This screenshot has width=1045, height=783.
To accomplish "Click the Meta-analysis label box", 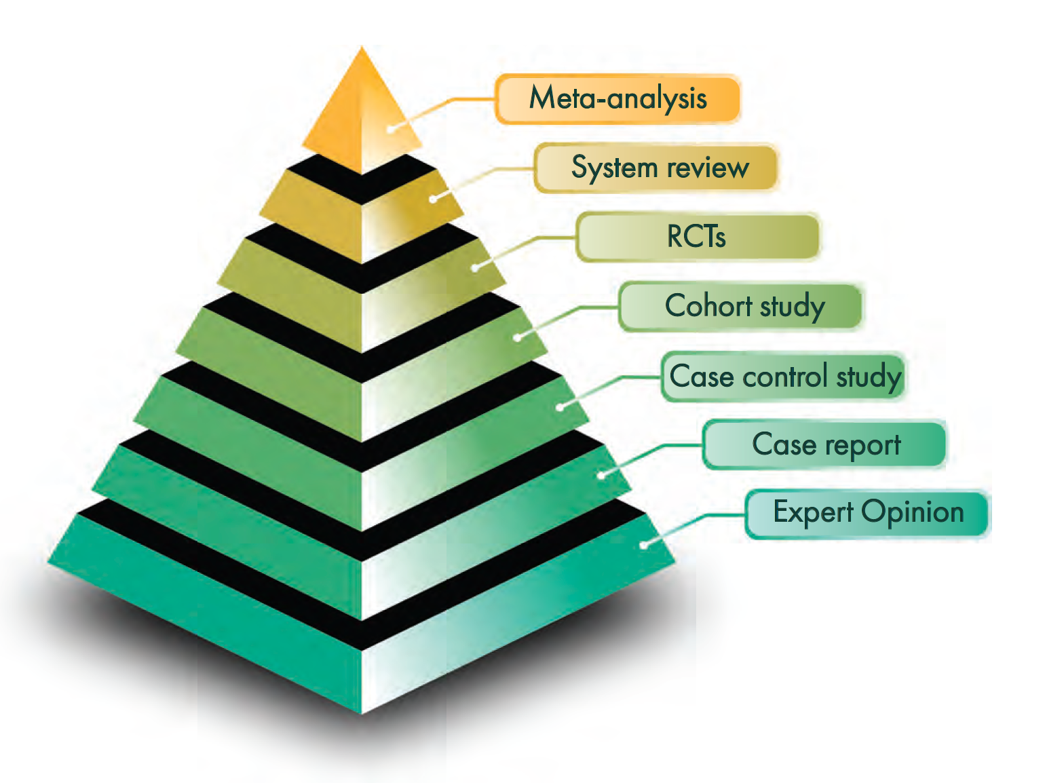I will pyautogui.click(x=617, y=99).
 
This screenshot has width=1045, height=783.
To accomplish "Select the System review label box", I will pyautogui.click(x=655, y=168).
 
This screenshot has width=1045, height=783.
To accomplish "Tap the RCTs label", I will pyautogui.click(x=698, y=237).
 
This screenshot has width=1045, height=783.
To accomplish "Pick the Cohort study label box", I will pyautogui.click(x=740, y=306).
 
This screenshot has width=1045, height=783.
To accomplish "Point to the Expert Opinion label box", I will pyautogui.click(x=867, y=513).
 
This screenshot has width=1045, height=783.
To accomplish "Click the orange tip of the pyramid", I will pyautogui.click(x=362, y=109).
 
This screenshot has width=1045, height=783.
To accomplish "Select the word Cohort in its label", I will pyautogui.click(x=708, y=306).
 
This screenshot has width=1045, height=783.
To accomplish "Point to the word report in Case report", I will pyautogui.click(x=863, y=446).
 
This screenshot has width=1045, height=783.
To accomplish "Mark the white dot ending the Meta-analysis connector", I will pyautogui.click(x=391, y=128).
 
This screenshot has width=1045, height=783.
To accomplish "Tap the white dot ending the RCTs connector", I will pyautogui.click(x=475, y=268).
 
